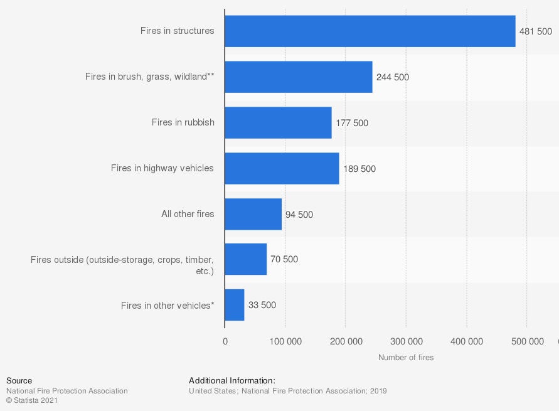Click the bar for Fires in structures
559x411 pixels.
pos(370,31)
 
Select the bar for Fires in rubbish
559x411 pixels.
pos(278,122)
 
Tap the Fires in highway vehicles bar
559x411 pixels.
pos(282,168)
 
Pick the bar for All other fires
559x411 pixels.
pos(253,214)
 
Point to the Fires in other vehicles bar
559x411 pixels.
pos(234,305)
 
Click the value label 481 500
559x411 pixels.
pos(535,31)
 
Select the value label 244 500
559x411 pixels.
pos(393,77)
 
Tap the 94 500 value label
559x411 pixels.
pos(299,215)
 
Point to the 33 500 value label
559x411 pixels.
pos(262,306)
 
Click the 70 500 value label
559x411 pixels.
pos(284,259)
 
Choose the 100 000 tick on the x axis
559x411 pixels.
pos(285,341)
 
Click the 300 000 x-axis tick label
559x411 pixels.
pos(406,341)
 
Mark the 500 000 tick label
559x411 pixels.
pos(527,341)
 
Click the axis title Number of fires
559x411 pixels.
pos(406,358)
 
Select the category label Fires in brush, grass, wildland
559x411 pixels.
pos(150,77)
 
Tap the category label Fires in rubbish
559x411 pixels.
pos(183,122)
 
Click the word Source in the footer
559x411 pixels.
pos(19,381)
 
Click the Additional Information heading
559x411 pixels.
pos(232,381)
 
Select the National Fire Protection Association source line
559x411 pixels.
pos(67,391)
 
